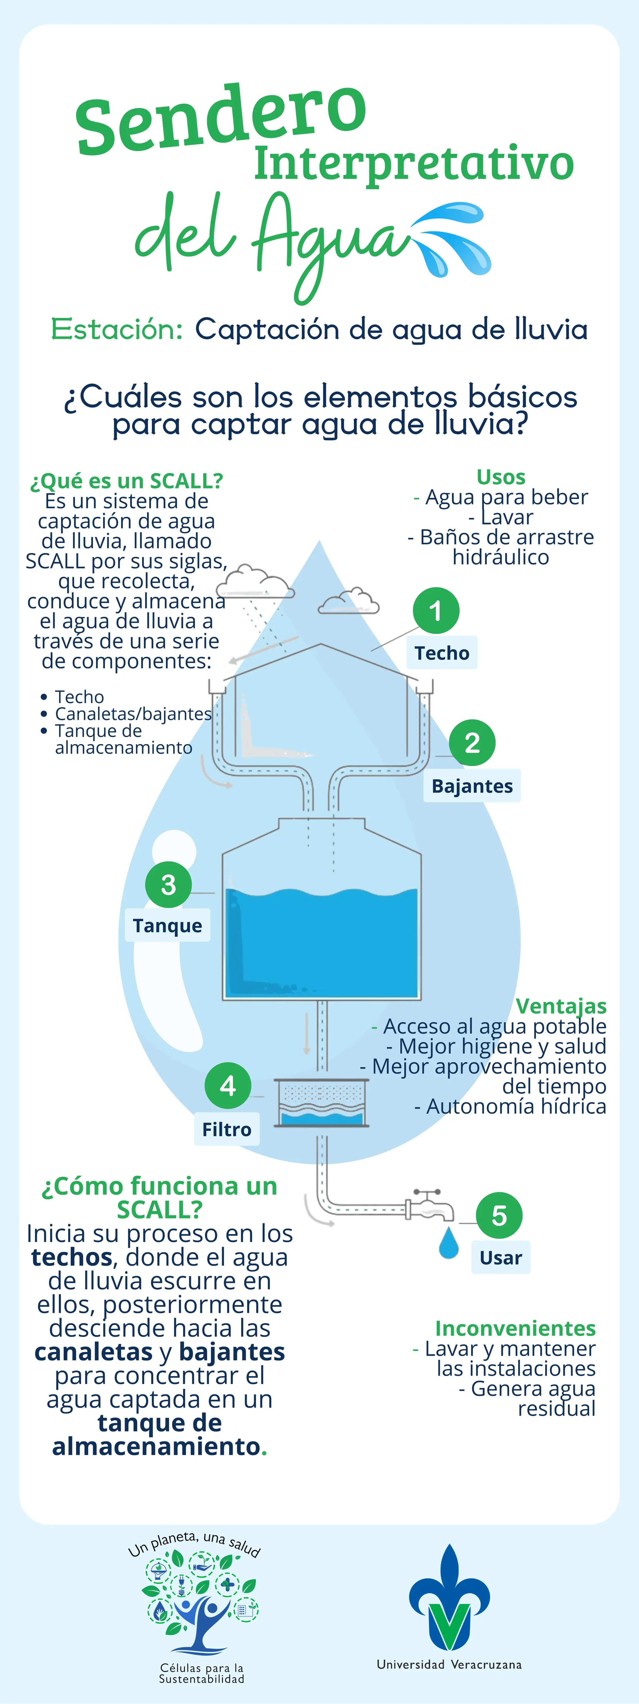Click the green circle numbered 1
click(436, 611)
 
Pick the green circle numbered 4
click(228, 1085)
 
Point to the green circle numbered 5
click(500, 1215)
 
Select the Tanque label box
click(167, 925)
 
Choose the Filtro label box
click(227, 1129)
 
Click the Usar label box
click(501, 1257)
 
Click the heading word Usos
click(501, 477)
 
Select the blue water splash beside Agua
click(452, 238)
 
